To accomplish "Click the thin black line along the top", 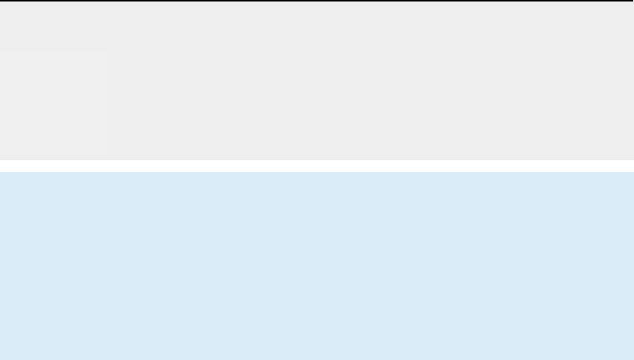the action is (x=317, y=1).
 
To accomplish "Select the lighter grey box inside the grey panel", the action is (x=54, y=104).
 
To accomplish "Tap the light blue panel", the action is (x=317, y=266).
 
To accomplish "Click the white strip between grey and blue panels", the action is (x=317, y=166).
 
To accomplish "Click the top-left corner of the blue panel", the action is (x=1, y=173).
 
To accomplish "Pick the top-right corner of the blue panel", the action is (x=633, y=173).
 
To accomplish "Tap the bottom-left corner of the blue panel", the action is (x=1, y=359).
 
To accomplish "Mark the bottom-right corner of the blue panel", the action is (x=633, y=359).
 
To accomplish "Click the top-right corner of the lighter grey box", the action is (x=107, y=51).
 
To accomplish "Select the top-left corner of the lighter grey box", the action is (x=1, y=51).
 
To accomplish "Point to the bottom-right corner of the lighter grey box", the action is (x=107, y=159).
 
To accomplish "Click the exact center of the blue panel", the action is (x=317, y=266).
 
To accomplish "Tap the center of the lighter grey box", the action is (x=54, y=105).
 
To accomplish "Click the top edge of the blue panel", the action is (x=317, y=173).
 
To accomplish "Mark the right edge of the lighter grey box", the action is (x=107, y=105).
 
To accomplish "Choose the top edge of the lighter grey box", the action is (x=54, y=51).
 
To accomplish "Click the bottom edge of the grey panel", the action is (x=317, y=159).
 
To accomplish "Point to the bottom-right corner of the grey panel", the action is (x=633, y=159).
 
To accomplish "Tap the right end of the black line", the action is (x=633, y=1).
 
